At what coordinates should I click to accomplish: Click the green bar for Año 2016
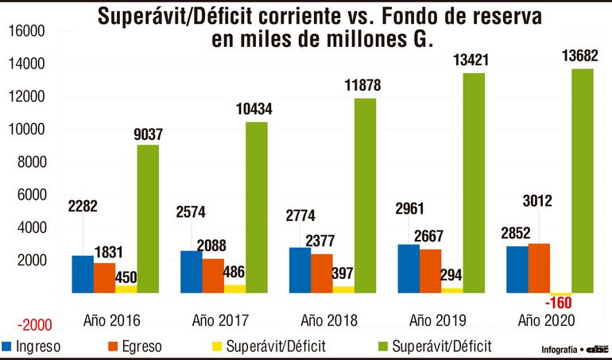[148, 219]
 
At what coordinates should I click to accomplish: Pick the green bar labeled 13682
[583, 180]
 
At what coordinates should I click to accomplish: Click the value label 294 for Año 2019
[452, 273]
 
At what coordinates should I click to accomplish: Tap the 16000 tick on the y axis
[29, 30]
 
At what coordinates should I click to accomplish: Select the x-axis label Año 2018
[329, 320]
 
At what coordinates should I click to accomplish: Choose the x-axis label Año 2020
[546, 320]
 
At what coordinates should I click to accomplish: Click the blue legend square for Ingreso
[8, 346]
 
